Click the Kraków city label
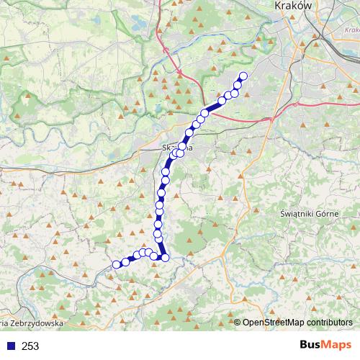point(294,5)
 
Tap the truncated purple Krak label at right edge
point(352,30)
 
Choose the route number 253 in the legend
point(30,346)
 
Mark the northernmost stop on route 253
point(243,76)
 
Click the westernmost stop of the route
point(116,264)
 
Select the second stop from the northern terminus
point(238,86)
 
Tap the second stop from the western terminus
point(125,262)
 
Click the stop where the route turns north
point(165,258)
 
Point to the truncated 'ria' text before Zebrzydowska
point(4,324)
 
